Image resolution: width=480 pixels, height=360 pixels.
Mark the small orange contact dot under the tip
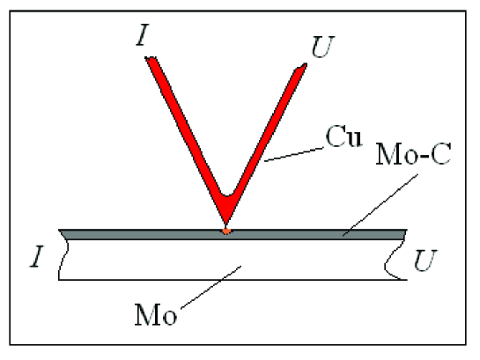(226, 231)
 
